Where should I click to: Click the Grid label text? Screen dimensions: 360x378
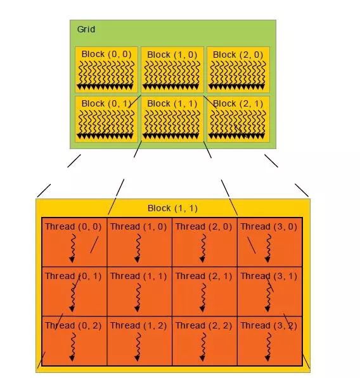86,29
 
